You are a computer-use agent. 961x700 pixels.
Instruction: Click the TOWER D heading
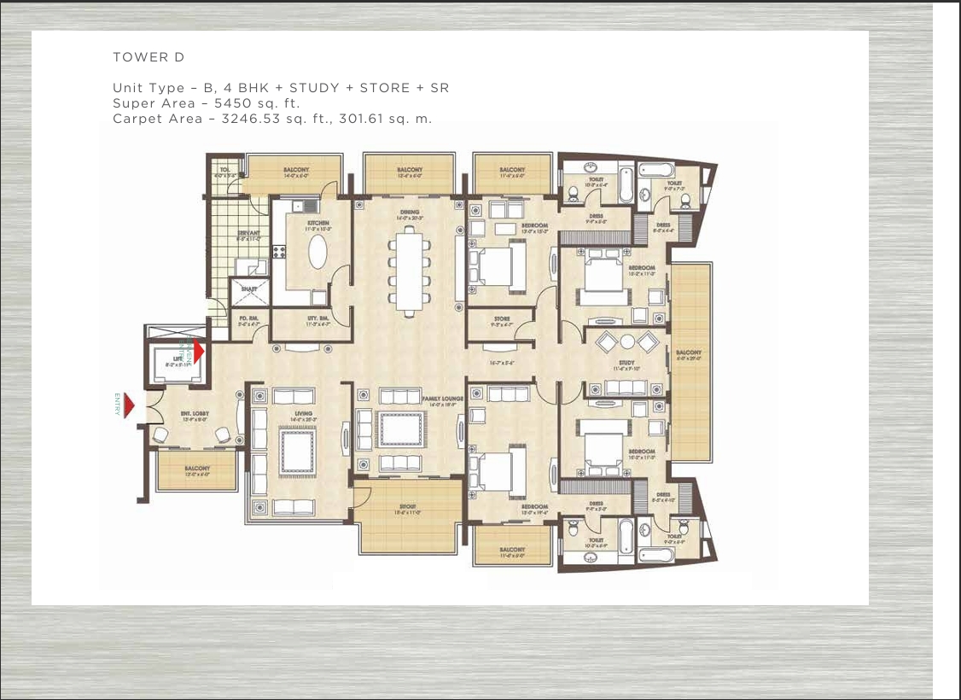pyautogui.click(x=149, y=57)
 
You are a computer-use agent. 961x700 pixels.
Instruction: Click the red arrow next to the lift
pyautogui.click(x=199, y=351)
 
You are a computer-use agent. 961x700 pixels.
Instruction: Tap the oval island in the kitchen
pyautogui.click(x=317, y=253)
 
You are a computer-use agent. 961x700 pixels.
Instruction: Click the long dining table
pyautogui.click(x=409, y=267)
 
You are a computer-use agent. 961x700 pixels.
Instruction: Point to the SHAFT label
pyautogui.click(x=248, y=289)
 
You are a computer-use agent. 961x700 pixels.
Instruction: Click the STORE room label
pyautogui.click(x=502, y=320)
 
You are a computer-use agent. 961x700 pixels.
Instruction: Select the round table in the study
pyautogui.click(x=628, y=341)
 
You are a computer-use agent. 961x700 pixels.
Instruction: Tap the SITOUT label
pyautogui.click(x=405, y=507)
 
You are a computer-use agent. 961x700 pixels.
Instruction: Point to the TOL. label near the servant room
pyautogui.click(x=224, y=170)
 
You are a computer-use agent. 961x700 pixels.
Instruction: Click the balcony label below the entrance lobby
pyautogui.click(x=197, y=469)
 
